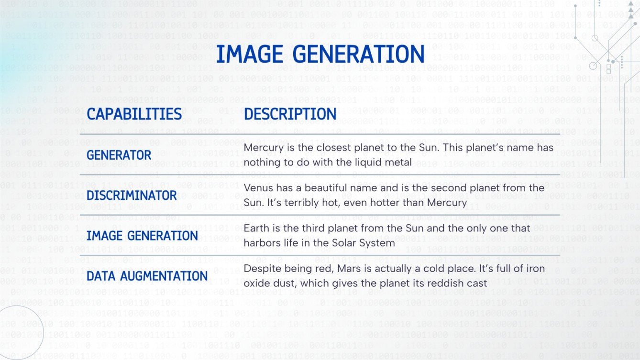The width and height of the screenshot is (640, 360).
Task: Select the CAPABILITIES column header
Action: (134, 114)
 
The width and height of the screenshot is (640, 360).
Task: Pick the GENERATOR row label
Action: (119, 155)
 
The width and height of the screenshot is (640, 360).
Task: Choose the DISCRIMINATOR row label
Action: (132, 195)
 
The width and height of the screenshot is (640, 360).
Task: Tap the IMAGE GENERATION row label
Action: (143, 235)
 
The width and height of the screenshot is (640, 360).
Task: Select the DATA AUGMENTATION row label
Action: (147, 276)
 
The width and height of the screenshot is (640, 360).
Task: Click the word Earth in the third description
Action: (256, 228)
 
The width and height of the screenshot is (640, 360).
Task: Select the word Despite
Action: (261, 268)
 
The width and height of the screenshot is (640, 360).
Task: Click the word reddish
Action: (442, 283)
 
